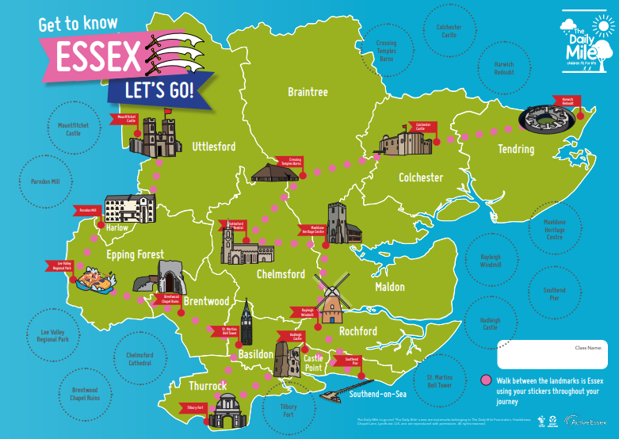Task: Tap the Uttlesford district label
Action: [x=213, y=147]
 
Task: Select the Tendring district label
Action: [x=515, y=149]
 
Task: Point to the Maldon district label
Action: [x=389, y=287]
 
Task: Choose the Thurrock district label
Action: [x=208, y=386]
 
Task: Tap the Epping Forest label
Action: [x=135, y=255]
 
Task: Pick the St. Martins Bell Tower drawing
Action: [x=246, y=323]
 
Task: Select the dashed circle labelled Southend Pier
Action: [x=554, y=295]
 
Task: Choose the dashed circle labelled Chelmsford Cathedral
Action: [x=139, y=360]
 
